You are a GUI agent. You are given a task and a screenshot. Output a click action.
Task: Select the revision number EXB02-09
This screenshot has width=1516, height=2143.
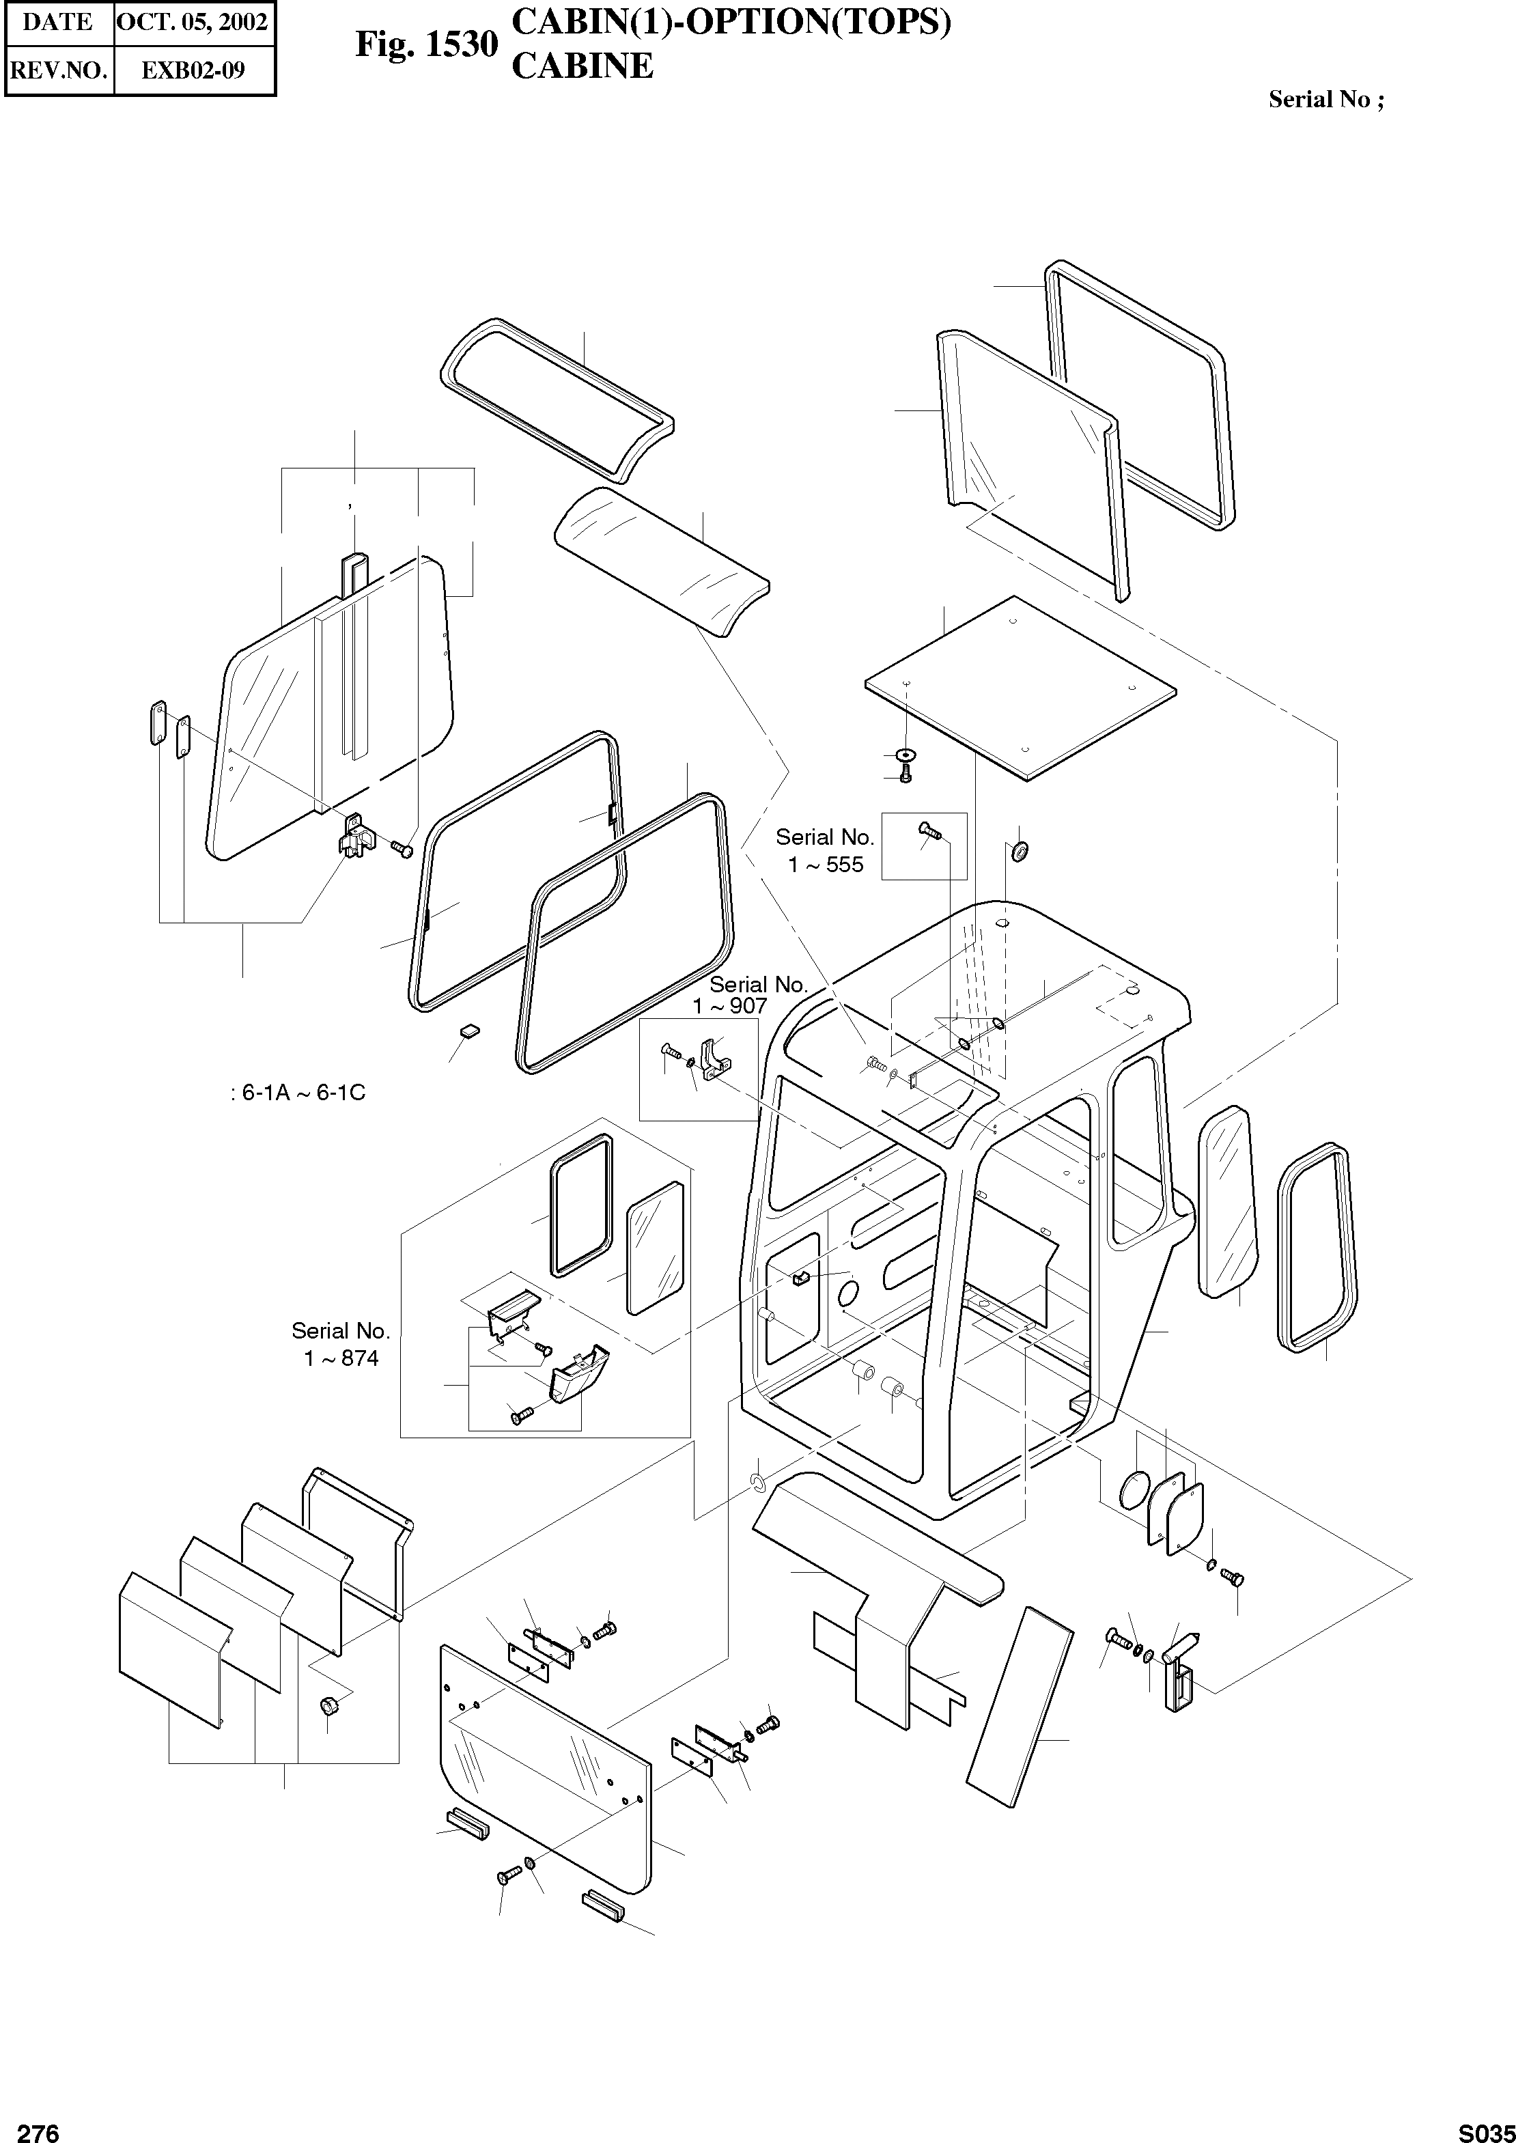[193, 70]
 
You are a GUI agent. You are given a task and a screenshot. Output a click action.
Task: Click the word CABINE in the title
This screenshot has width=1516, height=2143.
[582, 66]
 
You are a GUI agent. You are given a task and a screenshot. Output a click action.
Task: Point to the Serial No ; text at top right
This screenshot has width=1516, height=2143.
[1325, 100]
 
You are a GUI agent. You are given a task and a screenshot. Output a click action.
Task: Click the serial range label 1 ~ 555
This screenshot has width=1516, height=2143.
[825, 865]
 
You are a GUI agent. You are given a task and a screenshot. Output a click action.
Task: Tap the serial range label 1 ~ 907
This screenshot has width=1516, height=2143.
[729, 1006]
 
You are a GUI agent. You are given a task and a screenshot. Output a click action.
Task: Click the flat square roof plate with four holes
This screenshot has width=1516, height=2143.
[1020, 687]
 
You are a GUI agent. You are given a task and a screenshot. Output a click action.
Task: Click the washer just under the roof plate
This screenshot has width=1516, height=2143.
[905, 753]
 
